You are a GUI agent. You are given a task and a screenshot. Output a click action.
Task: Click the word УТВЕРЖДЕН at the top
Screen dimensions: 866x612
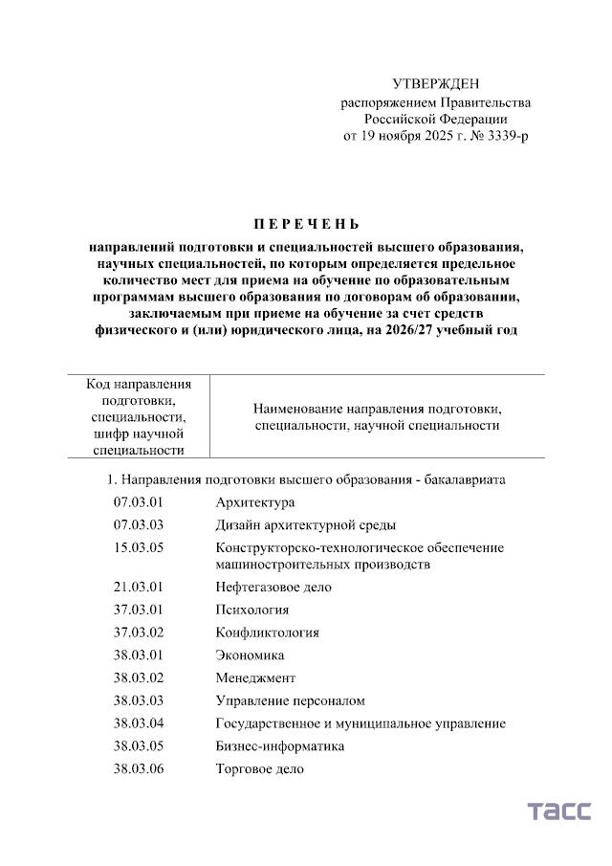point(435,84)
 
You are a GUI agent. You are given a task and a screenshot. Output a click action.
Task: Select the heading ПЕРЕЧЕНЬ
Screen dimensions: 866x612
point(306,225)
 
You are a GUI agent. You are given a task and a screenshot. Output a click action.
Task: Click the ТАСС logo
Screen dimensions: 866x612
point(559,811)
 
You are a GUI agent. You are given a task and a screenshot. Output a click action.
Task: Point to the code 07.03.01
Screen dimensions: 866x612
point(139,502)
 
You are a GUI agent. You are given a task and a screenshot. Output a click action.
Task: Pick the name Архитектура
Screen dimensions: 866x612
point(255,502)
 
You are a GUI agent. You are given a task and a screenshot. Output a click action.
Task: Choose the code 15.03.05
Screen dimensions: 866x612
point(139,548)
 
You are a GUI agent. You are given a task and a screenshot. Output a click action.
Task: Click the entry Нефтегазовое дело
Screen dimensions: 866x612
point(273,587)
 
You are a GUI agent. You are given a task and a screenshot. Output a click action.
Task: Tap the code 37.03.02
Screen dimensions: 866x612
point(139,633)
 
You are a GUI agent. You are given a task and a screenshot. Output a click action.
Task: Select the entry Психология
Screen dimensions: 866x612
point(252,610)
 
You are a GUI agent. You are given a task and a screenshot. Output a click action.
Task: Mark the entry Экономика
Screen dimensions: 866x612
point(250,655)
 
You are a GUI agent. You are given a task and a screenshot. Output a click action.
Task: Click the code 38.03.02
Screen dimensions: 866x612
point(139,678)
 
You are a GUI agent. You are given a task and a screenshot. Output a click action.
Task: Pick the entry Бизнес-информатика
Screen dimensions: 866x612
point(279,746)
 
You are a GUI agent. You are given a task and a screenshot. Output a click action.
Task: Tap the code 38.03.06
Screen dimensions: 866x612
point(139,769)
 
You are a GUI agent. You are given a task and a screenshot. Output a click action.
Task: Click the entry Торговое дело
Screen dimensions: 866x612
point(260,769)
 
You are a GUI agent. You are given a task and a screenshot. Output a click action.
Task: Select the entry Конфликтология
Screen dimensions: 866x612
point(268,633)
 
